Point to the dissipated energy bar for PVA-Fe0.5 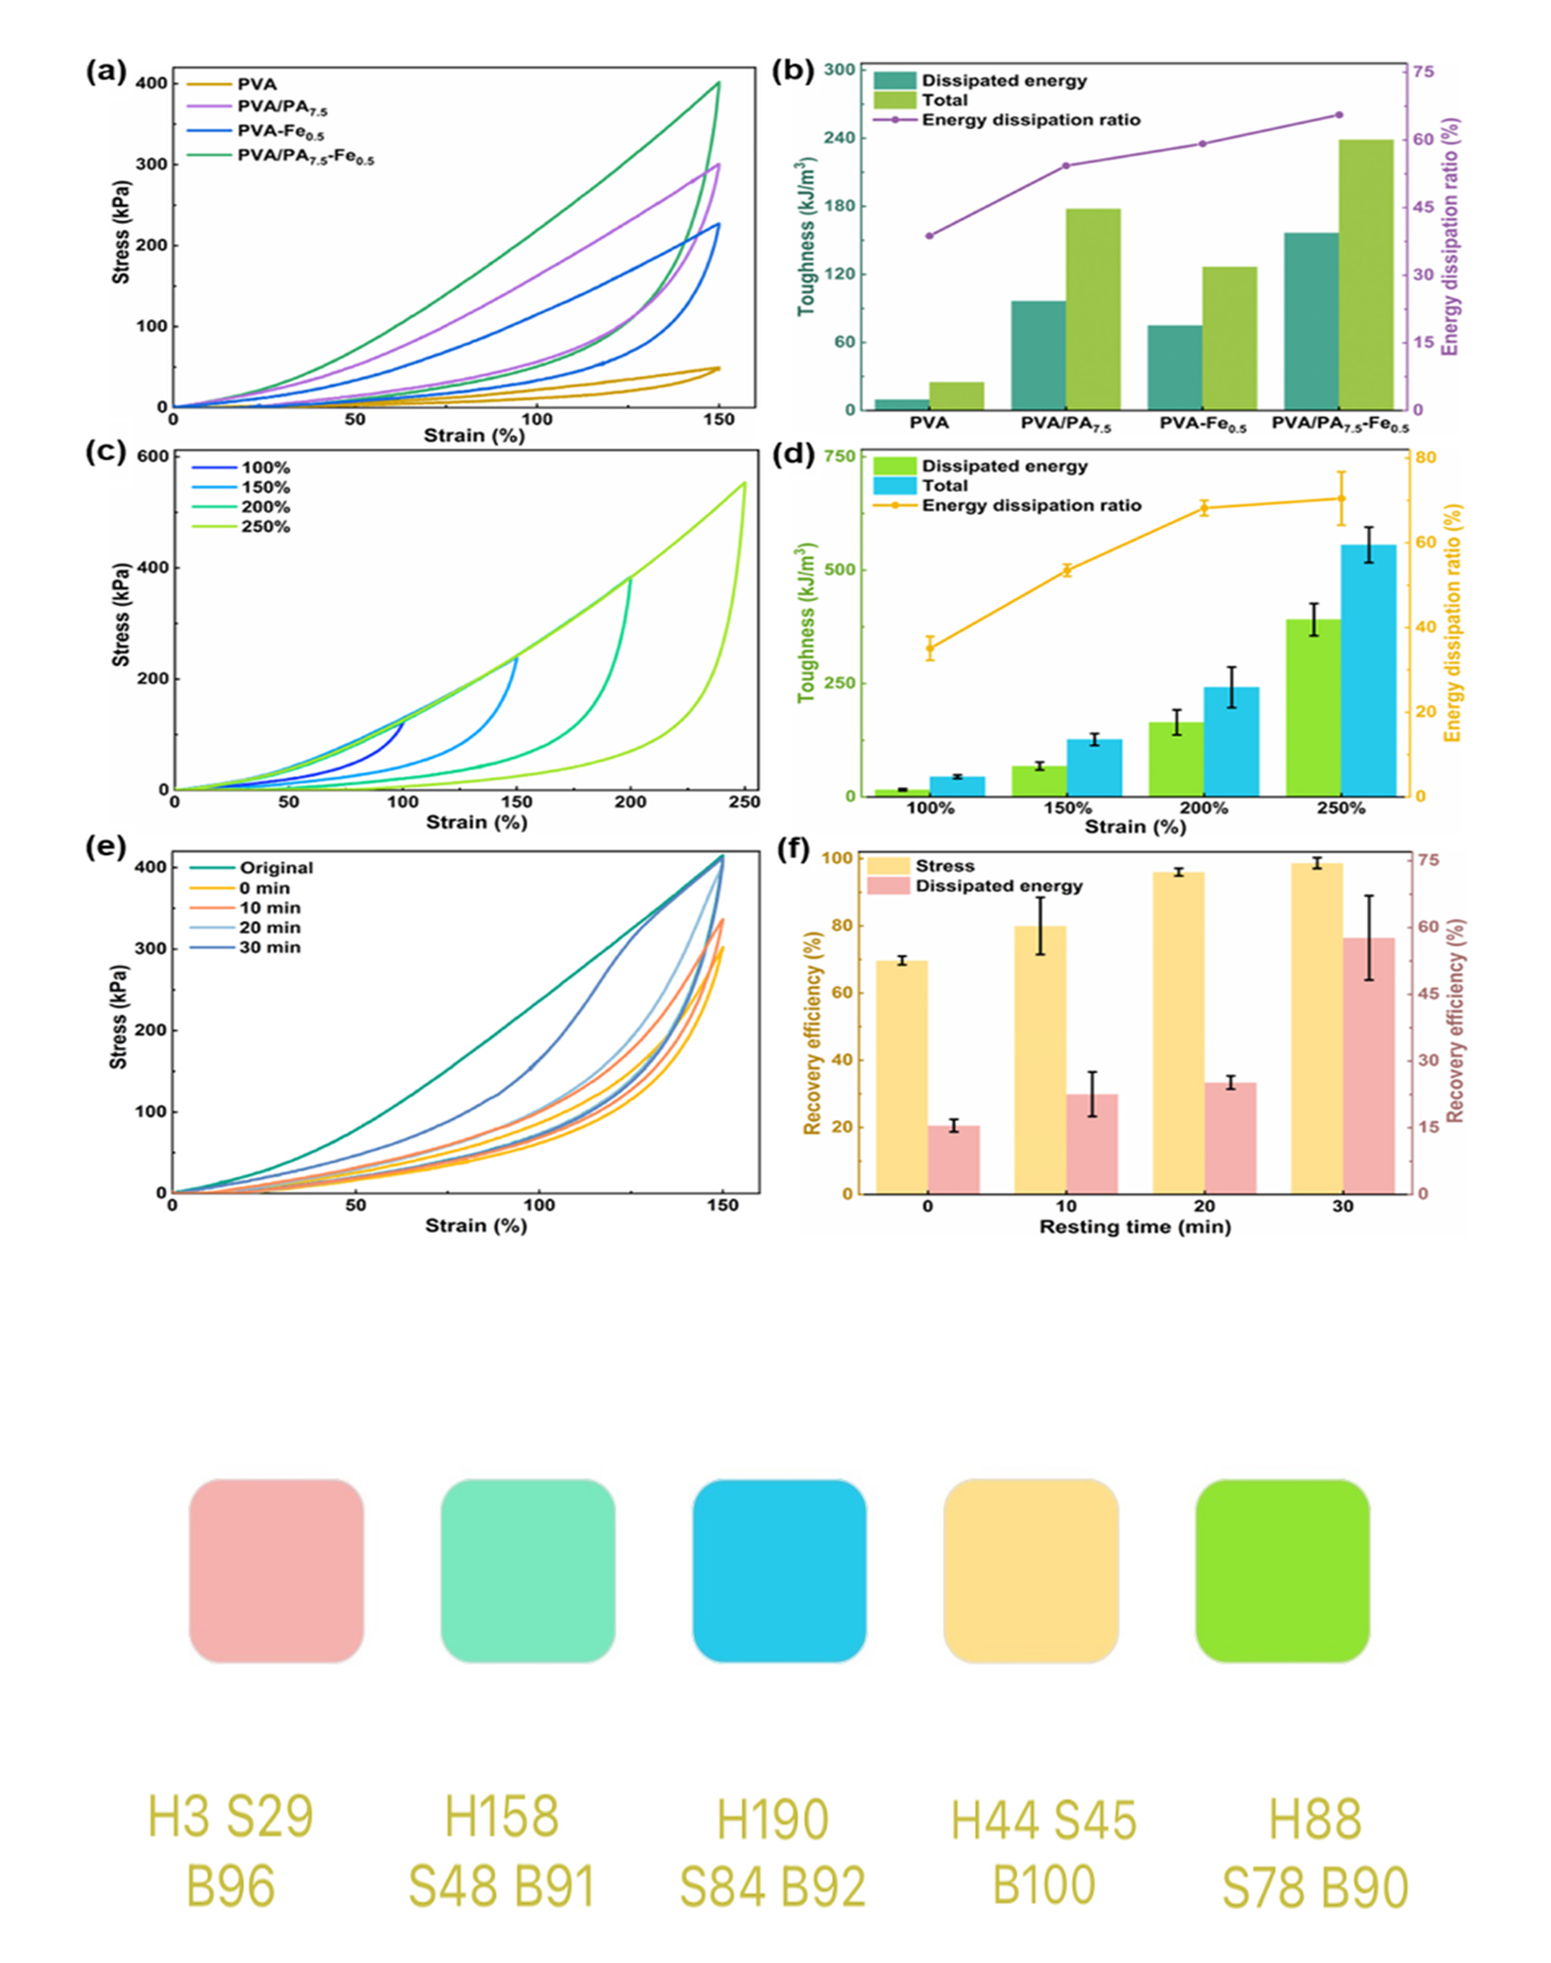1175,367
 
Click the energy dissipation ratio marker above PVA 929,236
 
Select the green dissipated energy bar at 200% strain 1176,759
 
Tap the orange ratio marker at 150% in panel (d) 1067,571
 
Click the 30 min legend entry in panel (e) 269,948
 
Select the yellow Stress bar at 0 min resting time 901,1076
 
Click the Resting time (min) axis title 1134,1227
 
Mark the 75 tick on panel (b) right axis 1422,72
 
